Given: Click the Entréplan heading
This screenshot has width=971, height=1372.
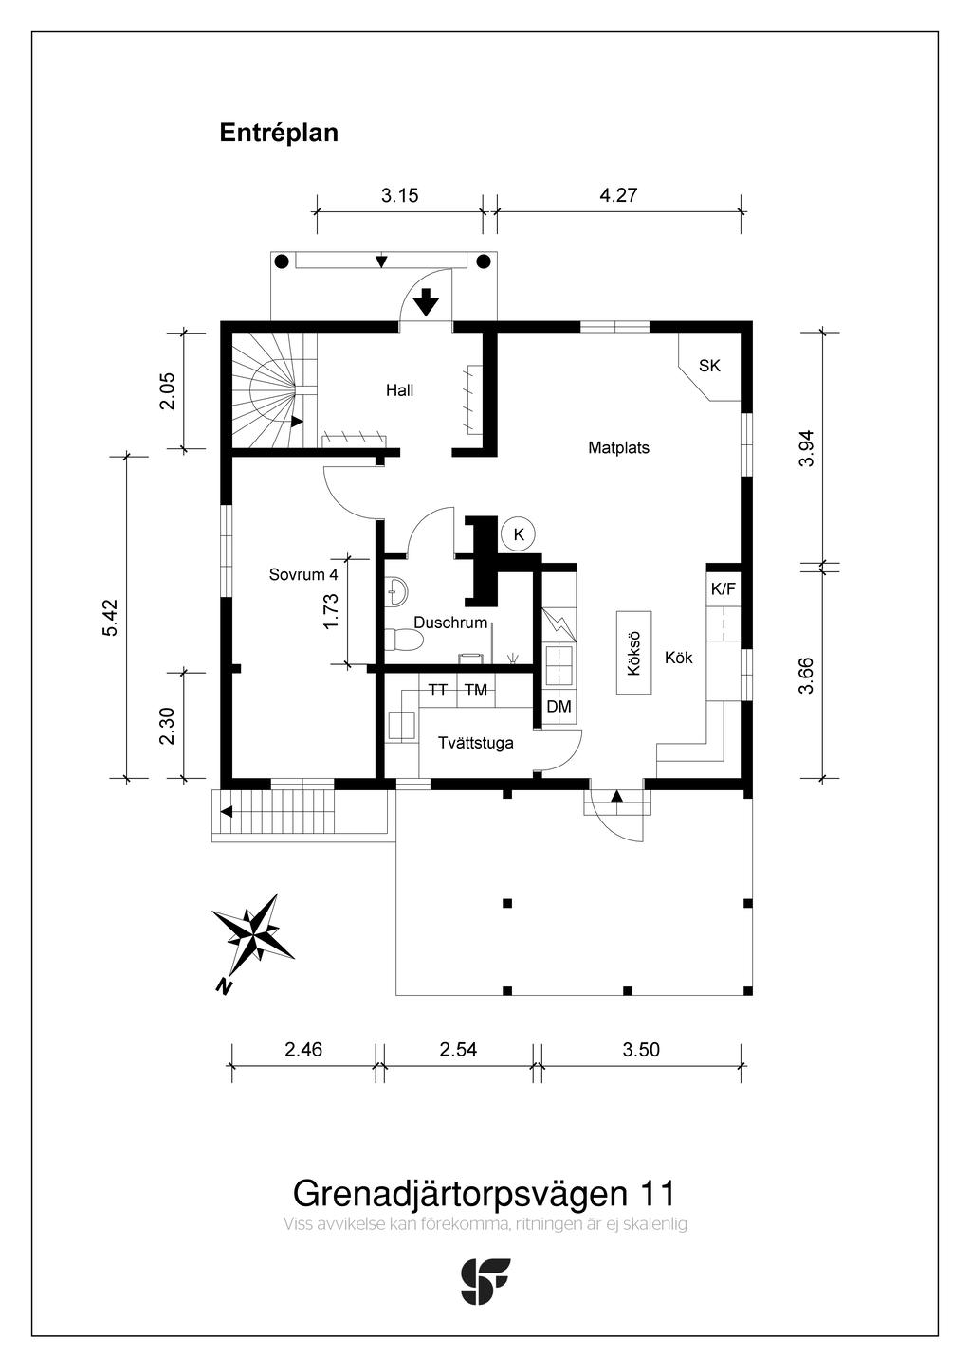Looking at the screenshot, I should click(x=279, y=133).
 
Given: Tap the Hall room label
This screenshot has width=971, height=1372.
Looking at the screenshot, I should click(x=399, y=390).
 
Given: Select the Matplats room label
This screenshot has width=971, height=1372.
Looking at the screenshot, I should click(x=618, y=448).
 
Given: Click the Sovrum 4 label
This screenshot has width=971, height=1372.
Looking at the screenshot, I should click(x=303, y=575).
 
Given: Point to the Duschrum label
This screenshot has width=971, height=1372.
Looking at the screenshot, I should click(x=450, y=623).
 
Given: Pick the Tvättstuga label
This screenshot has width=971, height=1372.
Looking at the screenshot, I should click(x=476, y=743).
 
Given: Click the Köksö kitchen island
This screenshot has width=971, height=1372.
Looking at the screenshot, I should click(x=634, y=653).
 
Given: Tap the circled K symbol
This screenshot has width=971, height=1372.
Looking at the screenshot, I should click(x=519, y=534).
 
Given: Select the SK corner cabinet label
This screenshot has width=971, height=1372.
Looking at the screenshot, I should click(x=709, y=366).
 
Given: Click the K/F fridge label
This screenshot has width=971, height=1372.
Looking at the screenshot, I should click(x=723, y=589).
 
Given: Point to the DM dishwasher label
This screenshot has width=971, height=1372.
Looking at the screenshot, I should click(x=559, y=707).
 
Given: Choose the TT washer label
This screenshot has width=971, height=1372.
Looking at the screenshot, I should click(x=437, y=691).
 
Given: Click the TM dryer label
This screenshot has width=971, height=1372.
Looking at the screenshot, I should click(x=476, y=691).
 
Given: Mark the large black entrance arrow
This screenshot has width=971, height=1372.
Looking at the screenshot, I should click(x=427, y=302).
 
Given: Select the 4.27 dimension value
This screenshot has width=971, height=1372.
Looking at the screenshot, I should click(x=618, y=196).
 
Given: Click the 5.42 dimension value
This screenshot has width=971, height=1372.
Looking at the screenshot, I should click(x=110, y=618).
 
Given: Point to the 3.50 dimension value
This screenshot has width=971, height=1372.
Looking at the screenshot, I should click(x=641, y=1050).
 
